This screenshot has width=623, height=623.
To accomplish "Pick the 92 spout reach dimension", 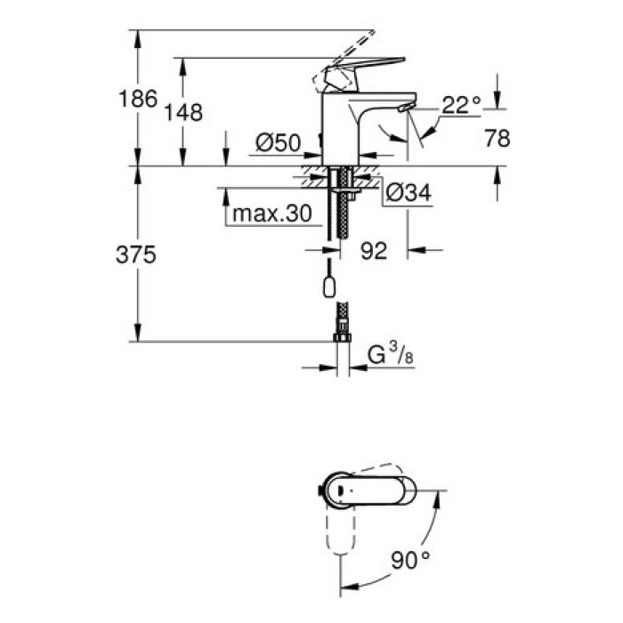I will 375,252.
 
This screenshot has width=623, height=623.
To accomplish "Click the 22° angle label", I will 461,105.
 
